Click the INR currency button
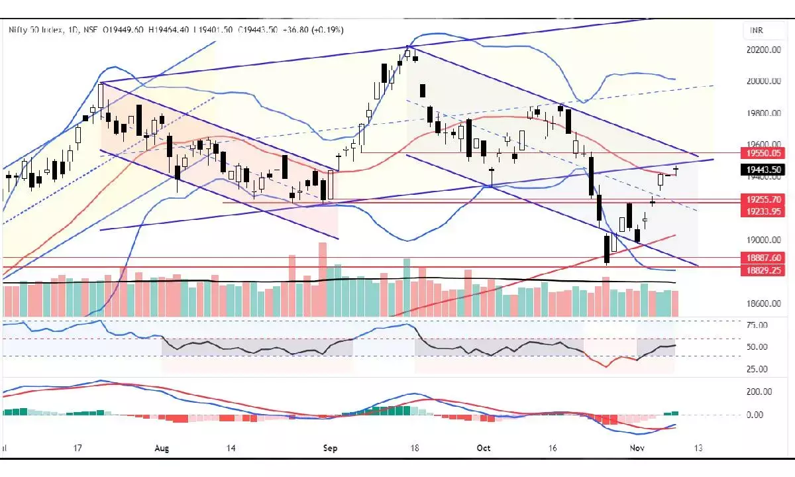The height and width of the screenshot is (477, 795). [x=757, y=30]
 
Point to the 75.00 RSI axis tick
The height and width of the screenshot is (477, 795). [x=757, y=325]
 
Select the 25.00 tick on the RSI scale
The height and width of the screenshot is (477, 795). [x=757, y=369]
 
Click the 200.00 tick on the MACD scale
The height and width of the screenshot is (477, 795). [x=759, y=392]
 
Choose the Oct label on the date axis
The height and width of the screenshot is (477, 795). [x=484, y=449]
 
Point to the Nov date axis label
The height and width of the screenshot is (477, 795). [x=637, y=449]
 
